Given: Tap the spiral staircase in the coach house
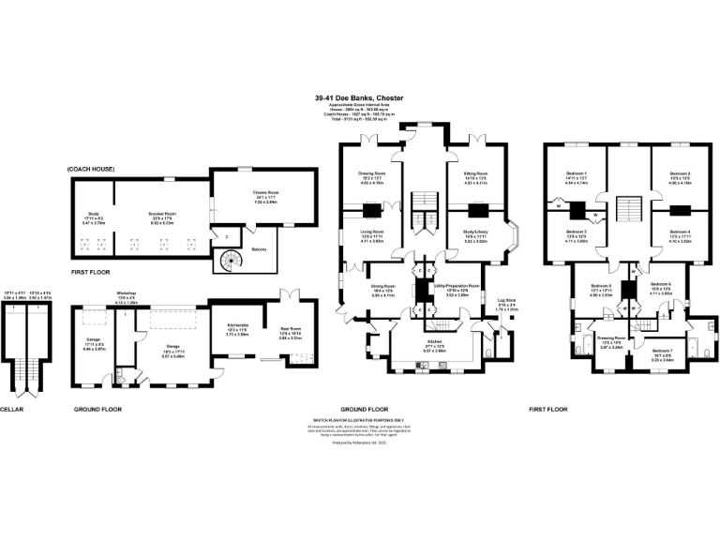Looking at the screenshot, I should [x=229, y=260].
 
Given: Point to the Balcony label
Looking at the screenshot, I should [x=260, y=248].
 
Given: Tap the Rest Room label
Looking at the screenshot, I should [x=288, y=328].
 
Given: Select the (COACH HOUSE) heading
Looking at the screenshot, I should [x=90, y=168].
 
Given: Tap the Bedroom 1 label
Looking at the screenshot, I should [x=577, y=174].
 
